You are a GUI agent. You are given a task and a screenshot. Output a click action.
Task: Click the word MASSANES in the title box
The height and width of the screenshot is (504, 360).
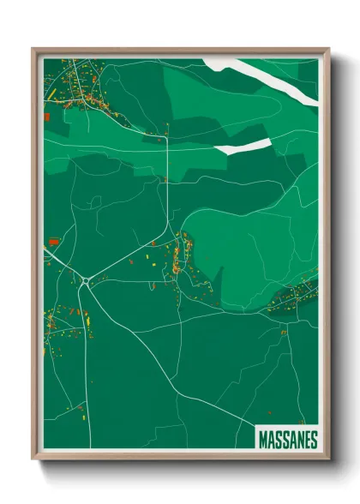coord(287,440)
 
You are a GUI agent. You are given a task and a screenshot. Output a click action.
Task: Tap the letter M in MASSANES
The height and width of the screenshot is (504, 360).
coord(263,440)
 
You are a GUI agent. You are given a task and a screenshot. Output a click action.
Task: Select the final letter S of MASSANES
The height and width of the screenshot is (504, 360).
coord(314,440)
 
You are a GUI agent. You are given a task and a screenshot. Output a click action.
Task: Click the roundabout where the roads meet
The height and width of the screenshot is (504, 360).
coord(87,279)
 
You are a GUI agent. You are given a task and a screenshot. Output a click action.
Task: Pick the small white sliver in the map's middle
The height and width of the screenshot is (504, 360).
coord(243,147)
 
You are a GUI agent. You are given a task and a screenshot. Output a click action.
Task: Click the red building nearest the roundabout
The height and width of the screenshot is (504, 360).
coord(53,243)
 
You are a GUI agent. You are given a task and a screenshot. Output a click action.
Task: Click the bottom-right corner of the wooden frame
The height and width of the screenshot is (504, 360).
coord(327,461)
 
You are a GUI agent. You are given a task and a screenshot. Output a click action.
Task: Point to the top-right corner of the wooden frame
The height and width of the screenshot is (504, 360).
coord(327,50)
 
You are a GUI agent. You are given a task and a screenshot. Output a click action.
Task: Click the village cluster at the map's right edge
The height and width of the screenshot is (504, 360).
coord(296,296)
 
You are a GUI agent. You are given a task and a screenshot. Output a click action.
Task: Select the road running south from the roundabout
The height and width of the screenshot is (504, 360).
coord(83,343)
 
